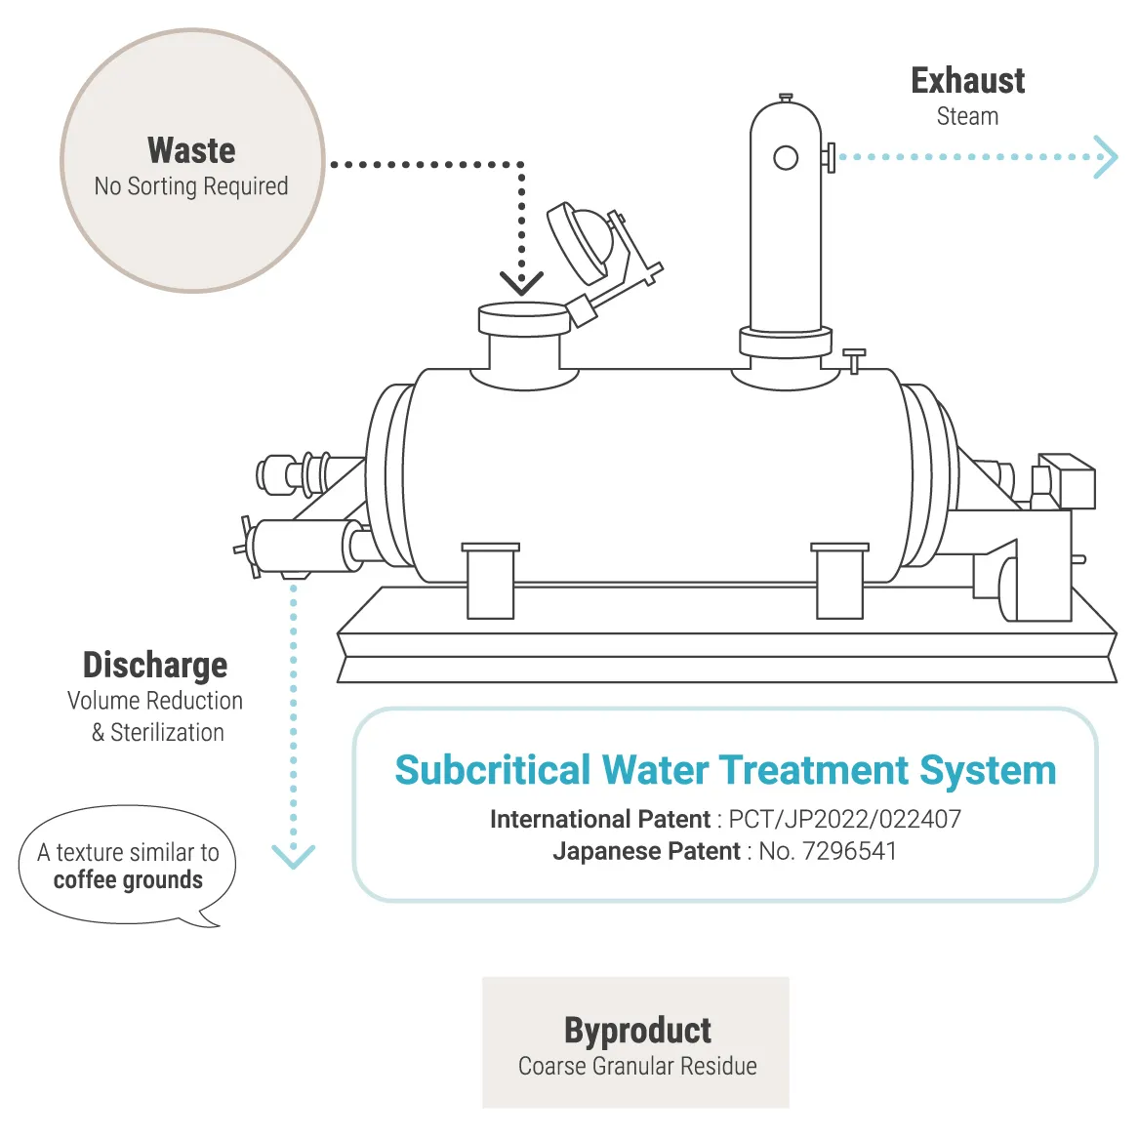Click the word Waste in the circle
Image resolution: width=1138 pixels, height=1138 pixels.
pyautogui.click(x=191, y=150)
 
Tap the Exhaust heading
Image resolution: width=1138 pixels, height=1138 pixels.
pyautogui.click(x=967, y=81)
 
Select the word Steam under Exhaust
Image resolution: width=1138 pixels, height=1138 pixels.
pyautogui.click(x=967, y=116)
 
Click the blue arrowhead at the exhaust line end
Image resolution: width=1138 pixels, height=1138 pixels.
pyautogui.click(x=1106, y=157)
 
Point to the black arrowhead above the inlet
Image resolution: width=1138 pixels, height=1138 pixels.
pyautogui.click(x=522, y=283)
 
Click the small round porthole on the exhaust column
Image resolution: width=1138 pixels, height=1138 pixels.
pyautogui.click(x=786, y=157)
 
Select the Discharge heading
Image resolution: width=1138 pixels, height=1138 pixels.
pyautogui.click(x=155, y=665)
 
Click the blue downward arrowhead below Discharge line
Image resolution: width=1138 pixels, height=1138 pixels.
pyautogui.click(x=293, y=856)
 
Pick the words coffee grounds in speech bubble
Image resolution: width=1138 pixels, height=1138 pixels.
pyautogui.click(x=128, y=880)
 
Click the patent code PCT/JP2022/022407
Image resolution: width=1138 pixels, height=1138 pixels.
pyautogui.click(x=844, y=819)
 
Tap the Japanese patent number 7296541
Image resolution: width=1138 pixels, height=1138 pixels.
pyautogui.click(x=848, y=851)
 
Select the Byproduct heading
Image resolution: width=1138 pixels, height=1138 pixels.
pyautogui.click(x=637, y=1031)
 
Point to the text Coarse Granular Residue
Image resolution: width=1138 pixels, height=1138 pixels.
pyautogui.click(x=637, y=1066)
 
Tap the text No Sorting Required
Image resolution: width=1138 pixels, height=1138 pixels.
pyautogui.click(x=191, y=185)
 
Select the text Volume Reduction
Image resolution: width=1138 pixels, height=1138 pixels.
pyautogui.click(x=155, y=701)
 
